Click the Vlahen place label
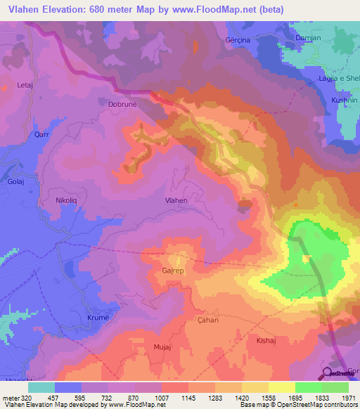176,200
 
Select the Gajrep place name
172,270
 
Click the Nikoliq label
68,200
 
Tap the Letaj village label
25,85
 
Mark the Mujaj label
162,347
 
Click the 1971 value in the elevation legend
349,397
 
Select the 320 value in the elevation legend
27,397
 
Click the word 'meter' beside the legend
10,397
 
